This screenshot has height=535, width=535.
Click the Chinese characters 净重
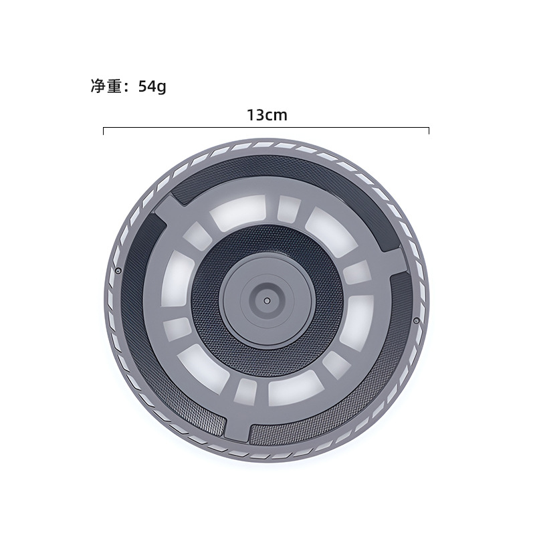tap(106, 86)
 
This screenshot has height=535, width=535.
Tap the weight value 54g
tap(152, 87)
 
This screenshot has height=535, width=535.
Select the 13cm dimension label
tap(267, 115)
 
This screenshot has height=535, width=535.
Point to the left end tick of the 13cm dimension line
tap(104, 131)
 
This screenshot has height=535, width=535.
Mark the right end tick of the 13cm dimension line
tap(429, 131)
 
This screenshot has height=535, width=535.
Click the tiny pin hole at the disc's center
tap(267, 300)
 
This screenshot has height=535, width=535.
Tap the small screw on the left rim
tap(118, 271)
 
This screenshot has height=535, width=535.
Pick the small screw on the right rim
tap(416, 320)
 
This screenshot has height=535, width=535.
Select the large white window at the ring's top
tap(238, 212)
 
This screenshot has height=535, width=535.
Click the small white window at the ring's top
tap(289, 208)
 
